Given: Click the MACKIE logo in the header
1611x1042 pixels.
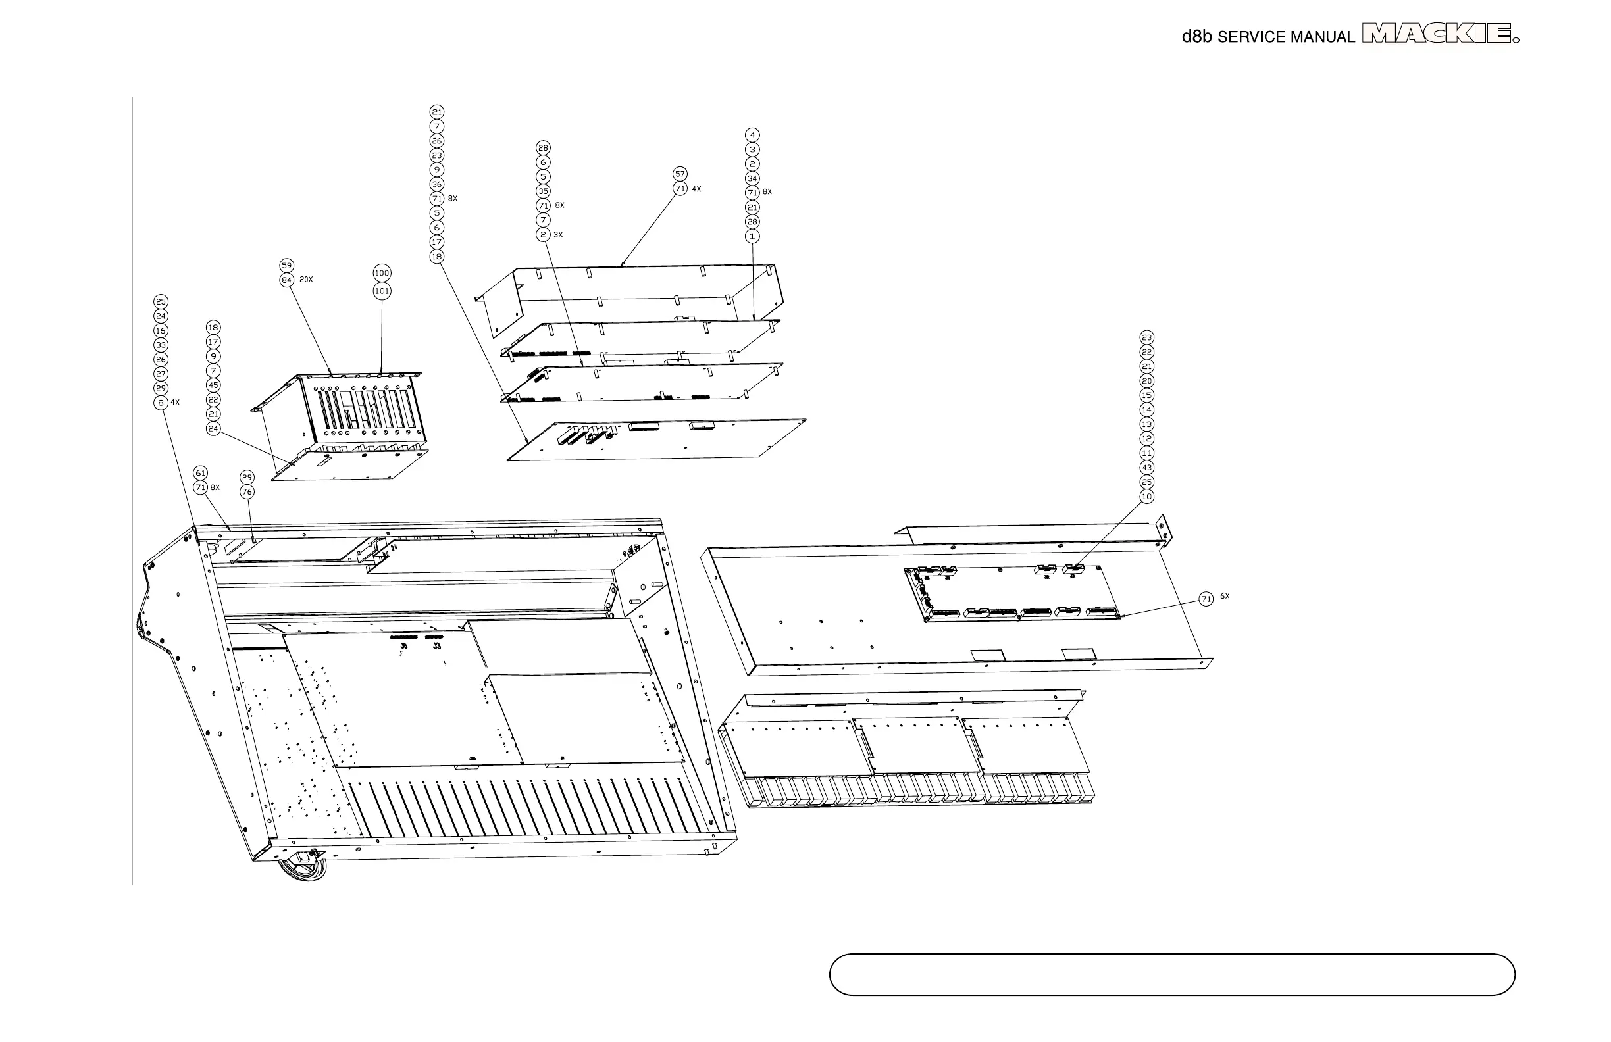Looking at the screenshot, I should click(x=1439, y=34).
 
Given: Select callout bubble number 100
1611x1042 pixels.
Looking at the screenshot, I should click(x=382, y=274).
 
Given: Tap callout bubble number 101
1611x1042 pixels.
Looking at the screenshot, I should click(x=382, y=291).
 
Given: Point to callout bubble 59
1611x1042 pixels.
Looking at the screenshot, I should click(x=287, y=266).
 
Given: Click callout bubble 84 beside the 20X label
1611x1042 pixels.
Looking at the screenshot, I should click(x=287, y=280).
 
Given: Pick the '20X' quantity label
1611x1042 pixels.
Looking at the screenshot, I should click(x=306, y=280).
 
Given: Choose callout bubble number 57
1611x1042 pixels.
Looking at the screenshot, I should click(x=680, y=174).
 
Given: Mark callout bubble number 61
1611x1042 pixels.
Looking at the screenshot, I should click(x=200, y=473).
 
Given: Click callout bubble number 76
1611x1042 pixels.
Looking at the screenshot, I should click(x=247, y=492).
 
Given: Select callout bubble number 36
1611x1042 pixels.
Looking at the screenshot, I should click(x=436, y=184).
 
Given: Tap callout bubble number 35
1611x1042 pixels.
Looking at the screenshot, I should click(x=543, y=191).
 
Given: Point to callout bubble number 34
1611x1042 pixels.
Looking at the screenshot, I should click(x=752, y=179).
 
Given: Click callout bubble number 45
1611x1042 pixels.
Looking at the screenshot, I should click(x=213, y=385).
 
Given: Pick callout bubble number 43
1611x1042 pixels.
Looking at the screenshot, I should click(x=1146, y=468).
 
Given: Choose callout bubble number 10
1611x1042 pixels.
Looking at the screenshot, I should click(x=1146, y=497).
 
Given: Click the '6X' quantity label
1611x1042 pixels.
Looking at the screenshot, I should click(x=1225, y=597).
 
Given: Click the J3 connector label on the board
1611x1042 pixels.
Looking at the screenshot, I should click(x=437, y=647).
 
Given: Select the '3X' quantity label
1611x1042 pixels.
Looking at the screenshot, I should click(x=559, y=235).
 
